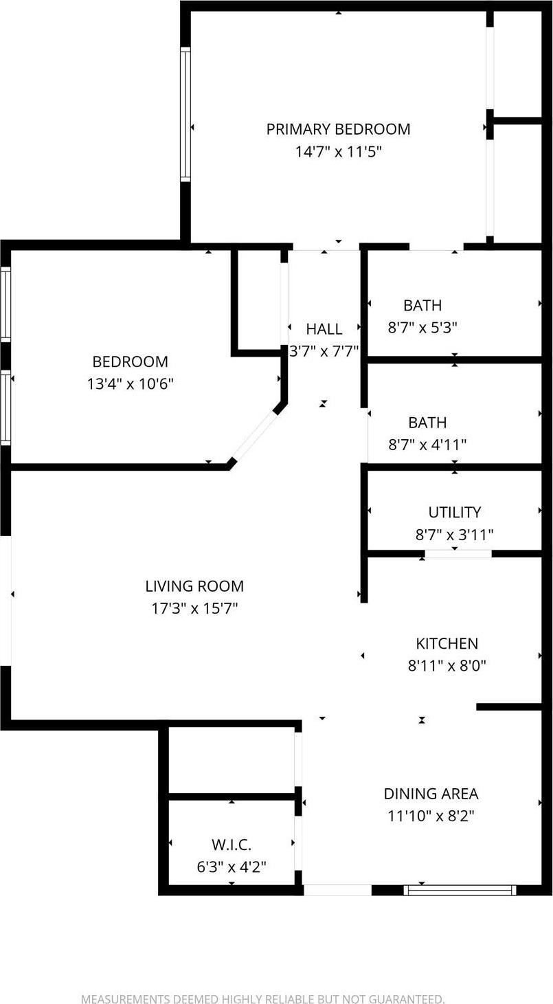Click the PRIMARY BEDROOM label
click(338, 129)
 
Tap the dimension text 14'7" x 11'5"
click(338, 151)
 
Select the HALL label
click(324, 329)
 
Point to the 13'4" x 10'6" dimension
click(130, 383)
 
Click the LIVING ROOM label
click(194, 586)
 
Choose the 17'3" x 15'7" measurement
click(194, 608)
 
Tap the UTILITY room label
click(454, 512)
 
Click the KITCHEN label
click(447, 644)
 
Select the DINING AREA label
click(431, 794)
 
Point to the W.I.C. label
click(232, 845)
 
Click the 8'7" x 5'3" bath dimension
click(422, 327)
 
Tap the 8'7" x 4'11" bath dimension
click(427, 445)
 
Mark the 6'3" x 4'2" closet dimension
click(232, 867)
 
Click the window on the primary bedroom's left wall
click(185, 114)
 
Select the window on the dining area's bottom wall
click(460, 890)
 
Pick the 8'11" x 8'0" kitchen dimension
click(447, 666)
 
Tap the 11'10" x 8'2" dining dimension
click(431, 816)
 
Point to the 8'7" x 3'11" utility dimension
click(454, 534)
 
